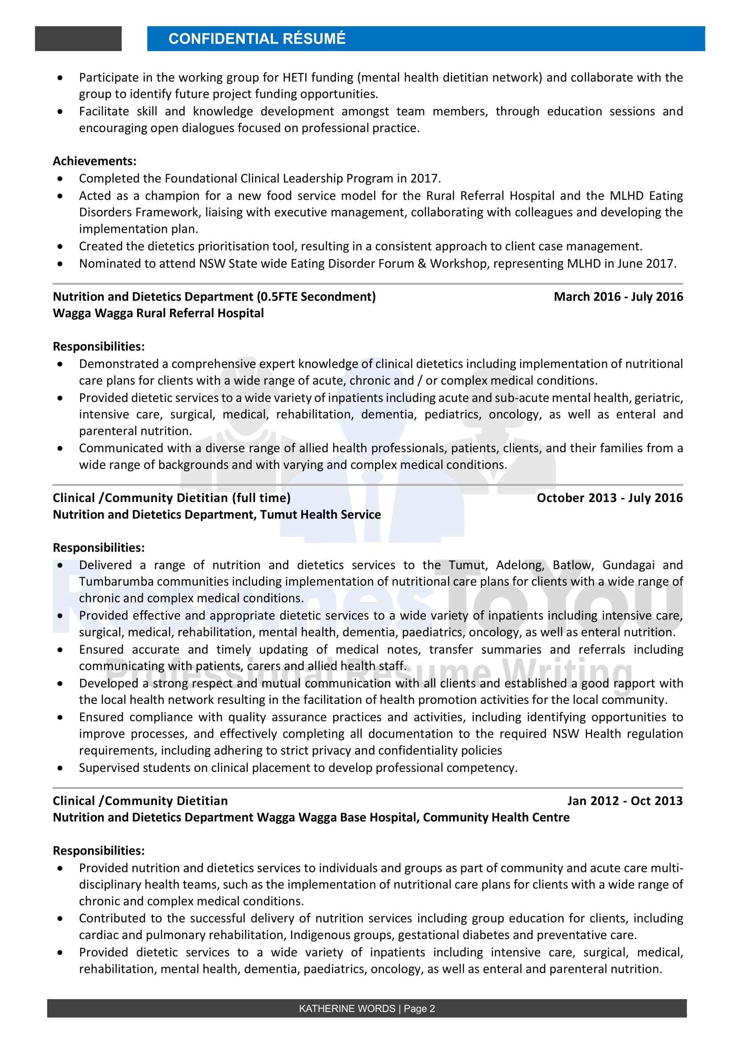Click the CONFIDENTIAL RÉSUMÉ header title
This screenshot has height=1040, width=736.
(256, 39)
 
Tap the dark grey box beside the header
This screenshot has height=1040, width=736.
(78, 39)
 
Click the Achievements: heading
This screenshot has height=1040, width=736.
(94, 161)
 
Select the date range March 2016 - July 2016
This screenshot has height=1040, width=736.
(618, 297)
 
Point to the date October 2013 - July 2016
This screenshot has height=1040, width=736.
(609, 498)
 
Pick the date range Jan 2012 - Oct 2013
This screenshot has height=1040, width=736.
(624, 801)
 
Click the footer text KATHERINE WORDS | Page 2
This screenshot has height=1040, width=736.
(367, 1009)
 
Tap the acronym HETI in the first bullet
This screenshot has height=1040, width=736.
(295, 78)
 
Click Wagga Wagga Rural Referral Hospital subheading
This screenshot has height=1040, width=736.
(158, 313)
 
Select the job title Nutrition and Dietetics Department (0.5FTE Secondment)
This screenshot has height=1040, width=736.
(214, 297)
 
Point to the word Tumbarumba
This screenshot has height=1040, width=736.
(116, 582)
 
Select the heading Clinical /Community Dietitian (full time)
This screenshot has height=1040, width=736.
(171, 498)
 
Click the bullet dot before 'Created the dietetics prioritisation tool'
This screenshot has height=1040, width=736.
(60, 247)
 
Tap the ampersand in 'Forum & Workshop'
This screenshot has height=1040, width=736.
(421, 264)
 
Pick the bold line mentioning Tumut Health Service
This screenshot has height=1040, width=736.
(217, 514)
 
